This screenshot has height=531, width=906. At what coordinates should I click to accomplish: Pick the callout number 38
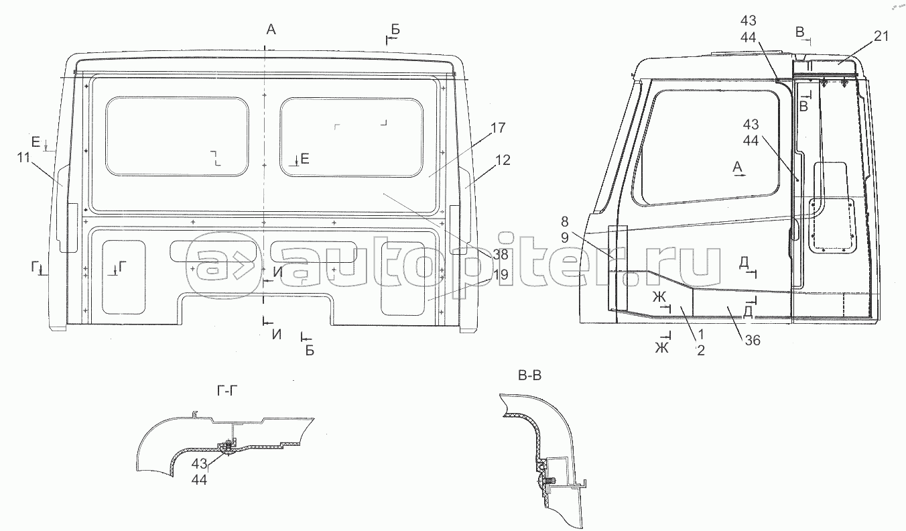click(500, 255)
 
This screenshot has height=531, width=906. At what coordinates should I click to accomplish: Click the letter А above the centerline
click(271, 29)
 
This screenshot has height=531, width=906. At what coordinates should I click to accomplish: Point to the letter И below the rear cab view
click(276, 335)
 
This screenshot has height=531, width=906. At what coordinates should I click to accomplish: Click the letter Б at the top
click(395, 29)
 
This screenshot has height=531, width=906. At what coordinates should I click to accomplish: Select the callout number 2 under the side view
click(700, 350)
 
